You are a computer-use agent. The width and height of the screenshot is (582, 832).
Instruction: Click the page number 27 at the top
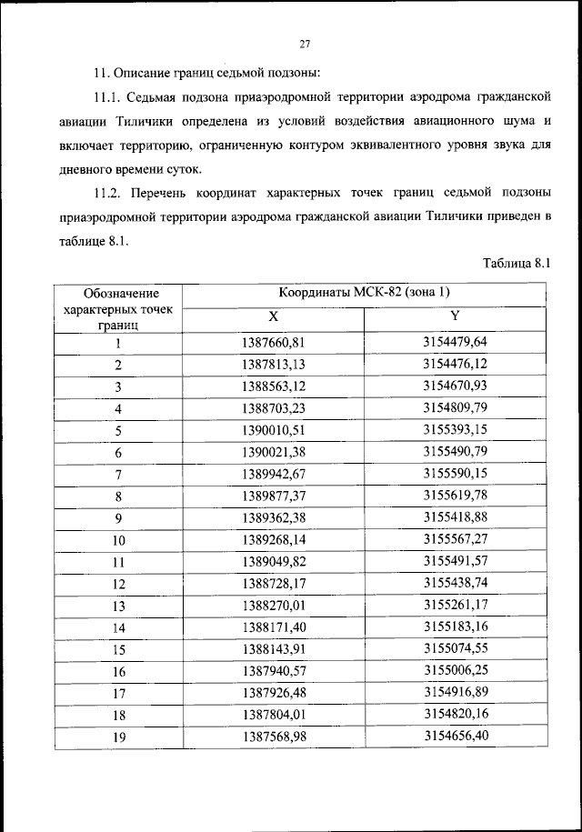(305, 44)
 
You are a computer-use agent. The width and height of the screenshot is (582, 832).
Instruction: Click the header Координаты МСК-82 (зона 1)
(364, 293)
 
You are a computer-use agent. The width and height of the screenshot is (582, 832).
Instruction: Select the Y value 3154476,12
(455, 364)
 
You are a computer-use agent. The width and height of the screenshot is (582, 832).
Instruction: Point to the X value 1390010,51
(272, 429)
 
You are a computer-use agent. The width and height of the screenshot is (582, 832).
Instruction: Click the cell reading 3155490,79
(455, 451)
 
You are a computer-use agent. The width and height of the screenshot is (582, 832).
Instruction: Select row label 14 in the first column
(118, 627)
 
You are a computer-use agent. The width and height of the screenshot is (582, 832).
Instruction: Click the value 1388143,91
(272, 649)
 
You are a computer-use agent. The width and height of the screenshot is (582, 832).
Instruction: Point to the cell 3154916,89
(455, 693)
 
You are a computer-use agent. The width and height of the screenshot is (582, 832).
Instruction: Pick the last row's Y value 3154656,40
(455, 736)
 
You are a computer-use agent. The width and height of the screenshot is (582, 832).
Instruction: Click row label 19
(118, 737)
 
